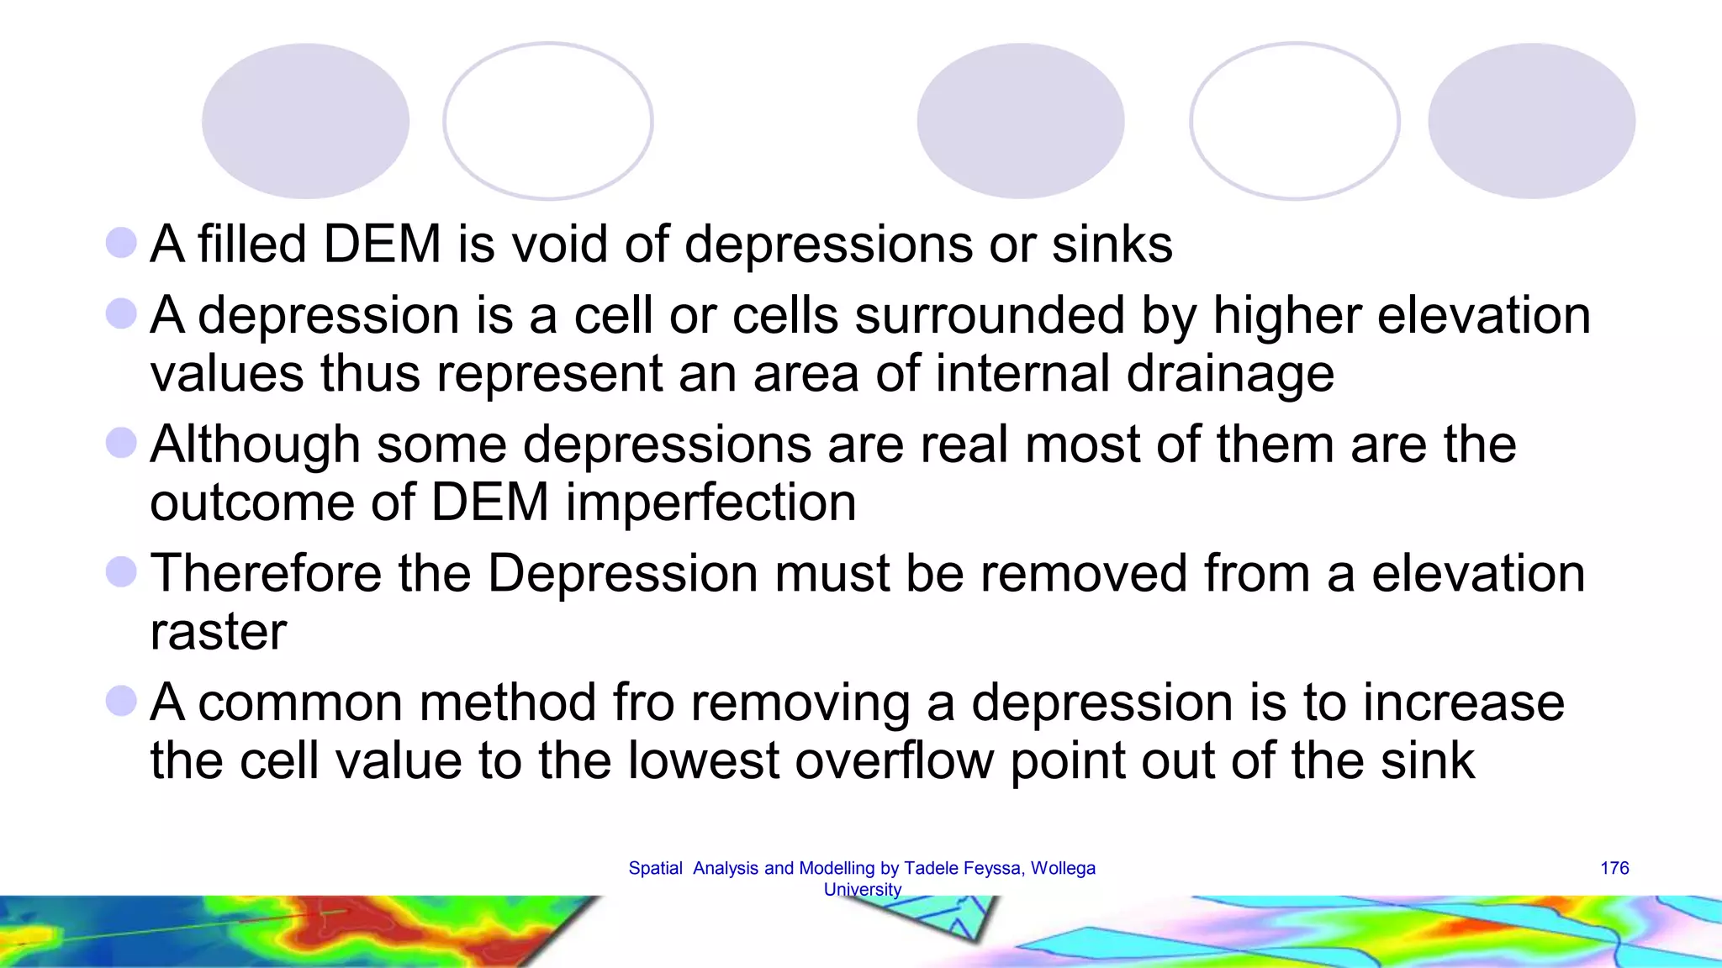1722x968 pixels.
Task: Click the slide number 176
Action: click(1614, 868)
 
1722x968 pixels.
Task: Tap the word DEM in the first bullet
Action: click(382, 245)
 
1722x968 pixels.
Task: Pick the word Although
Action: click(255, 445)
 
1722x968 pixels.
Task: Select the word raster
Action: click(218, 632)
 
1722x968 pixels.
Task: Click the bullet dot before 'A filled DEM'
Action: click(121, 244)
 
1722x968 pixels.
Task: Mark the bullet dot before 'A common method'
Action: click(121, 701)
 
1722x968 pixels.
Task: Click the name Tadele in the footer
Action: click(930, 868)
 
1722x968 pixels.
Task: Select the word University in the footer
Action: click(862, 889)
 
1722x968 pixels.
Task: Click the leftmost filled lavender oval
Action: click(305, 121)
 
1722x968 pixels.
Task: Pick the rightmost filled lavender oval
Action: click(1531, 121)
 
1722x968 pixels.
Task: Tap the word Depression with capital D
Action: click(623, 573)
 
